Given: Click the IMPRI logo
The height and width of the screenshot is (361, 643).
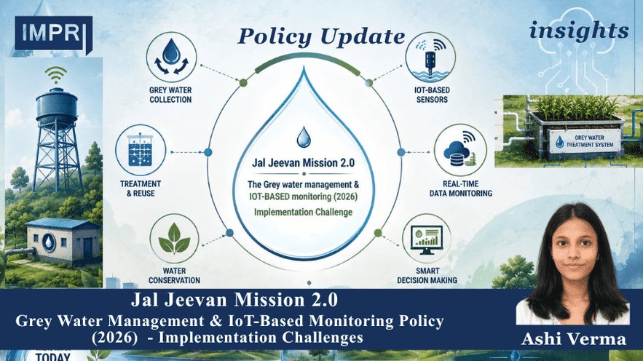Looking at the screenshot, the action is (53, 34).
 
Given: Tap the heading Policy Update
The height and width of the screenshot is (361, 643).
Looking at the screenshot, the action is (321, 36).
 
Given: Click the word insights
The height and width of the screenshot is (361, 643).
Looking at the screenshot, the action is (579, 31).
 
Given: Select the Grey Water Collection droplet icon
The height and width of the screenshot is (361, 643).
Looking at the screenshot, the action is (171, 57).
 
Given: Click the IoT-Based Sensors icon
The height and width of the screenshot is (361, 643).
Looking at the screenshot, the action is (430, 57).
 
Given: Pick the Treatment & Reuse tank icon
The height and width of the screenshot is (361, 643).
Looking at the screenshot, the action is (141, 150).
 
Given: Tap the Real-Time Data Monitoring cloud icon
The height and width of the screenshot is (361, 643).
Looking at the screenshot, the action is (460, 151).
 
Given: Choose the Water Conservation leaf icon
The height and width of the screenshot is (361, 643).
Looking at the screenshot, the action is (174, 239).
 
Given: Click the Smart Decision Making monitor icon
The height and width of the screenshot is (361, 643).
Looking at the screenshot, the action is (426, 239).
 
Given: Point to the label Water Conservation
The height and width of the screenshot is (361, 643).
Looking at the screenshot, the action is (174, 276).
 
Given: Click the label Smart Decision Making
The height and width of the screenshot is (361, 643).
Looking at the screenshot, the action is (427, 276).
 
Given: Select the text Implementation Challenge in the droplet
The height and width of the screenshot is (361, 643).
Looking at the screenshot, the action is (304, 213).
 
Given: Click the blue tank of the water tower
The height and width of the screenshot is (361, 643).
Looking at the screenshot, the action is (56, 106).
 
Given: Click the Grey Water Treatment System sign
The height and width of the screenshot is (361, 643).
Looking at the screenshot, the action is (585, 141).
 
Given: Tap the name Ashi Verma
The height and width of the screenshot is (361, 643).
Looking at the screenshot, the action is (574, 339).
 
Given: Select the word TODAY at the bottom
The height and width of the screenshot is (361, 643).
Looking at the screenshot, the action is (53, 357).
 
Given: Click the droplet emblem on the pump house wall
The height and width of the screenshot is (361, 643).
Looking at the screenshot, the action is (49, 242).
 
